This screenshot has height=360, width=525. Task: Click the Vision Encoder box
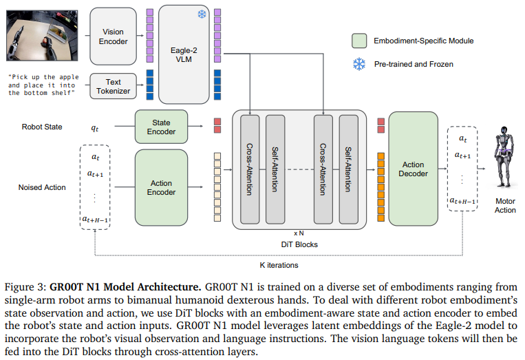113,36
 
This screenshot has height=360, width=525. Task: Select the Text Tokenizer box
113,87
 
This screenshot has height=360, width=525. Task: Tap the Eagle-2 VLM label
184,55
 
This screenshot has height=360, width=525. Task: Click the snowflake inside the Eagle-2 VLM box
202,14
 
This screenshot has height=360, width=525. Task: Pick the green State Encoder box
161,127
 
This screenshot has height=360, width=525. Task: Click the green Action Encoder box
161,187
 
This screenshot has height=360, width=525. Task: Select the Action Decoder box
413,169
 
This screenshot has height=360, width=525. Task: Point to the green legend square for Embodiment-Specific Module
359,41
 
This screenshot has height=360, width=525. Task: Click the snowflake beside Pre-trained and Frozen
359,64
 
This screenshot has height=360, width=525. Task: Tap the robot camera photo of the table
42,36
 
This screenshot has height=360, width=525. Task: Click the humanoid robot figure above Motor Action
504,156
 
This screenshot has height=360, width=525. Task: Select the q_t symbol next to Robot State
95,128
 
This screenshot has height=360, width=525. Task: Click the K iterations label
279,265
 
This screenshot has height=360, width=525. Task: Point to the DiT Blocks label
299,245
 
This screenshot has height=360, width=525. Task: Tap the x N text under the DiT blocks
299,233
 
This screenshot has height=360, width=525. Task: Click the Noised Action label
42,187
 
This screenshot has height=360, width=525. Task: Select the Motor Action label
505,206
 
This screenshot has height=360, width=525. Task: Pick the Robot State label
42,127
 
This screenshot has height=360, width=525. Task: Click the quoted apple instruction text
43,85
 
